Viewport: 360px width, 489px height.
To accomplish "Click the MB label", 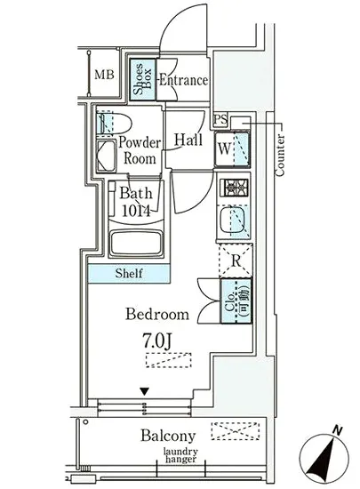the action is [x=104, y=75].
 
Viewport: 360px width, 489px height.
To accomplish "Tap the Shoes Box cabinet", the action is [x=143, y=79].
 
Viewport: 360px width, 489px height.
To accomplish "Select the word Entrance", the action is [x=183, y=80].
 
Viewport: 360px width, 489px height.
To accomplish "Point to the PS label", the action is [x=220, y=120].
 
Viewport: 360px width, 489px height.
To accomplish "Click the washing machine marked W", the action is [x=232, y=149].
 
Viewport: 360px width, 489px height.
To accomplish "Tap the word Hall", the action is [x=188, y=140].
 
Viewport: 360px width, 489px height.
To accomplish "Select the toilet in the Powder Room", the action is [x=113, y=124].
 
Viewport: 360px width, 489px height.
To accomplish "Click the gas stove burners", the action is [x=234, y=188].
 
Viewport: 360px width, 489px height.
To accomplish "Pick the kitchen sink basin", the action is [x=232, y=220].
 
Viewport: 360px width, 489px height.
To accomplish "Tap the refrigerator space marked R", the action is [x=236, y=261].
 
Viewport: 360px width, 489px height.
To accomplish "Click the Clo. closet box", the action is [x=236, y=301].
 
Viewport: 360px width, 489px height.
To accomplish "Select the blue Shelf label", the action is [x=129, y=274].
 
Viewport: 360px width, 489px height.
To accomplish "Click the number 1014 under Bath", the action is [x=136, y=211].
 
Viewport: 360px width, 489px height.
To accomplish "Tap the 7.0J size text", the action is [x=157, y=341].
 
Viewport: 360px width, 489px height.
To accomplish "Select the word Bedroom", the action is [x=157, y=314].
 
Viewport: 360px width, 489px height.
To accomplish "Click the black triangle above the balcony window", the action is [x=144, y=392].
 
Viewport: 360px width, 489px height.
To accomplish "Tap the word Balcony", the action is [x=168, y=436].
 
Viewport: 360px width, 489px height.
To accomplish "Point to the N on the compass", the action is [x=337, y=430].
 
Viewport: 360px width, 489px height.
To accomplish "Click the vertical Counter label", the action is [x=280, y=155].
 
